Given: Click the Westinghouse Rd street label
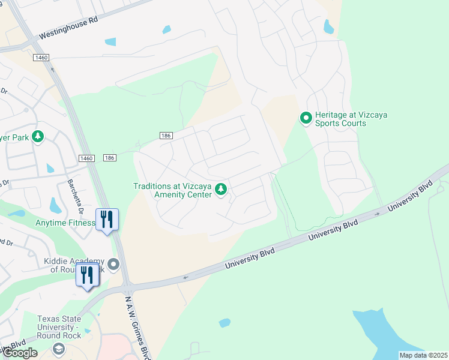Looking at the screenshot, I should click(x=68, y=28).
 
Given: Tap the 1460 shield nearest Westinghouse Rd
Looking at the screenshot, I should click(x=41, y=57).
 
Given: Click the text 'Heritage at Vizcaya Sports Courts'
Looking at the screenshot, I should click(x=340, y=119).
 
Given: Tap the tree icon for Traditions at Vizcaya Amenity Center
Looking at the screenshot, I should click(x=221, y=190).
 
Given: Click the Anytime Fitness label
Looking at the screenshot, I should click(x=65, y=223).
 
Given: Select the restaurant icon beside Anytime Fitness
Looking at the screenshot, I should click(x=107, y=220).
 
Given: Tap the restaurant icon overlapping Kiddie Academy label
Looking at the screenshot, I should click(x=88, y=275).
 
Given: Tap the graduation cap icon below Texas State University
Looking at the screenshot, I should click(x=58, y=348).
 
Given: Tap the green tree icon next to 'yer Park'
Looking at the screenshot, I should click(x=38, y=137).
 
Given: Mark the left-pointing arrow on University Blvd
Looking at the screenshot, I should click(x=185, y=277).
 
